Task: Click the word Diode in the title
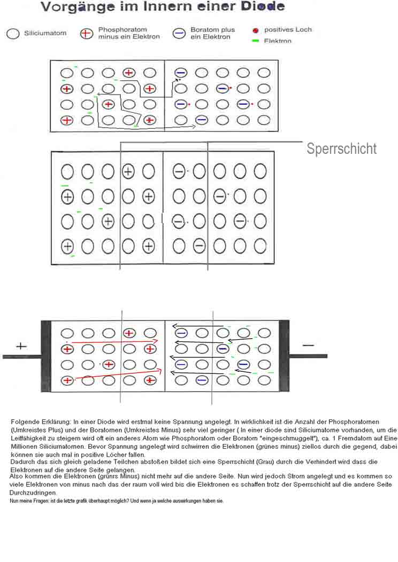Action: point(264,6)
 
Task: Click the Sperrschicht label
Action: point(341,149)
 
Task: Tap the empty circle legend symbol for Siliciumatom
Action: point(13,34)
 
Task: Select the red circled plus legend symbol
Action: point(86,34)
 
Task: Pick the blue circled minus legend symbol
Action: point(179,34)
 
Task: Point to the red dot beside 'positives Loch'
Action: point(256,30)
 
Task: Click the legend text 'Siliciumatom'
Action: point(45,33)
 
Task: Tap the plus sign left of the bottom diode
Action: point(21,346)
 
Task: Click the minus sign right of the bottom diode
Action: point(308,346)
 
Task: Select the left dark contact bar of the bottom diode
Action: point(46,356)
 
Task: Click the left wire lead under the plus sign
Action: point(22,357)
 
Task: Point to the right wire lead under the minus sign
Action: point(308,356)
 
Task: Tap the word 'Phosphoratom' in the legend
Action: point(123,29)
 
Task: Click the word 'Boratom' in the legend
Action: point(203,29)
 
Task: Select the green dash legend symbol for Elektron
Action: point(256,41)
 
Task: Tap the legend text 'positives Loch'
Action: point(288,30)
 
